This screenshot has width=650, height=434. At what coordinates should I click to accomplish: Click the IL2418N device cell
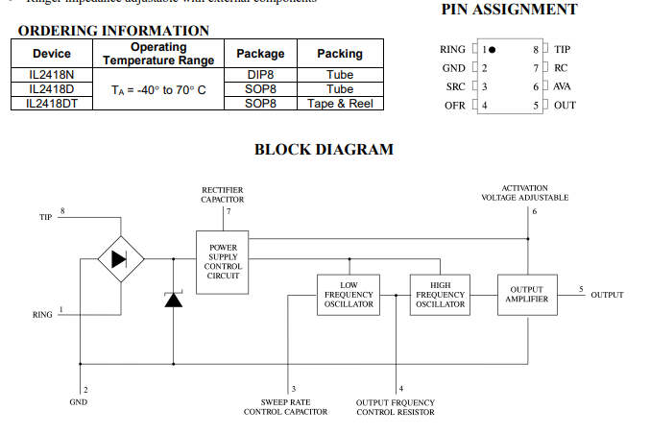point(52,74)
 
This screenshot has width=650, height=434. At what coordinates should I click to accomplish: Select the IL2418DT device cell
point(52,103)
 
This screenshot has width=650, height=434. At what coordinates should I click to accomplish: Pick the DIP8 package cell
point(260,74)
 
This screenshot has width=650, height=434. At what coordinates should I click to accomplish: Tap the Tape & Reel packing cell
point(340,103)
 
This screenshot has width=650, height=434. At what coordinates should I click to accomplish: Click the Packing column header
point(340,53)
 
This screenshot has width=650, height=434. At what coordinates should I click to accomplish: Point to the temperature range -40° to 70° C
point(158,89)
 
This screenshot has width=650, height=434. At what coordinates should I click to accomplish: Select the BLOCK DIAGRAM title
point(324,150)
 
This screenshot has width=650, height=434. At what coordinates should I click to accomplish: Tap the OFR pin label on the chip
point(454,105)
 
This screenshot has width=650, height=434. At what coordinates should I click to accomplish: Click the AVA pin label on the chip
point(563,86)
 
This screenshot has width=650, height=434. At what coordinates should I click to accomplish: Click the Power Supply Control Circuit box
point(223,262)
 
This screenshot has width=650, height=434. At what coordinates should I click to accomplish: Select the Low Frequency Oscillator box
point(349,295)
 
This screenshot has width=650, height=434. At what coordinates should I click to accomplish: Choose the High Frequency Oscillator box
point(440,295)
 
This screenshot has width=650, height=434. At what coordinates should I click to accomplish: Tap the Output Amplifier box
point(527,295)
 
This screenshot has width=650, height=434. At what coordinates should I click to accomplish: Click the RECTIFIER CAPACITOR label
point(223,195)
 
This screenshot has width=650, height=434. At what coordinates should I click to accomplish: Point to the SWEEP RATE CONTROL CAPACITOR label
point(285,407)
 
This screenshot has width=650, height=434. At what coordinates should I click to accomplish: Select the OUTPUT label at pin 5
point(607,295)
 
